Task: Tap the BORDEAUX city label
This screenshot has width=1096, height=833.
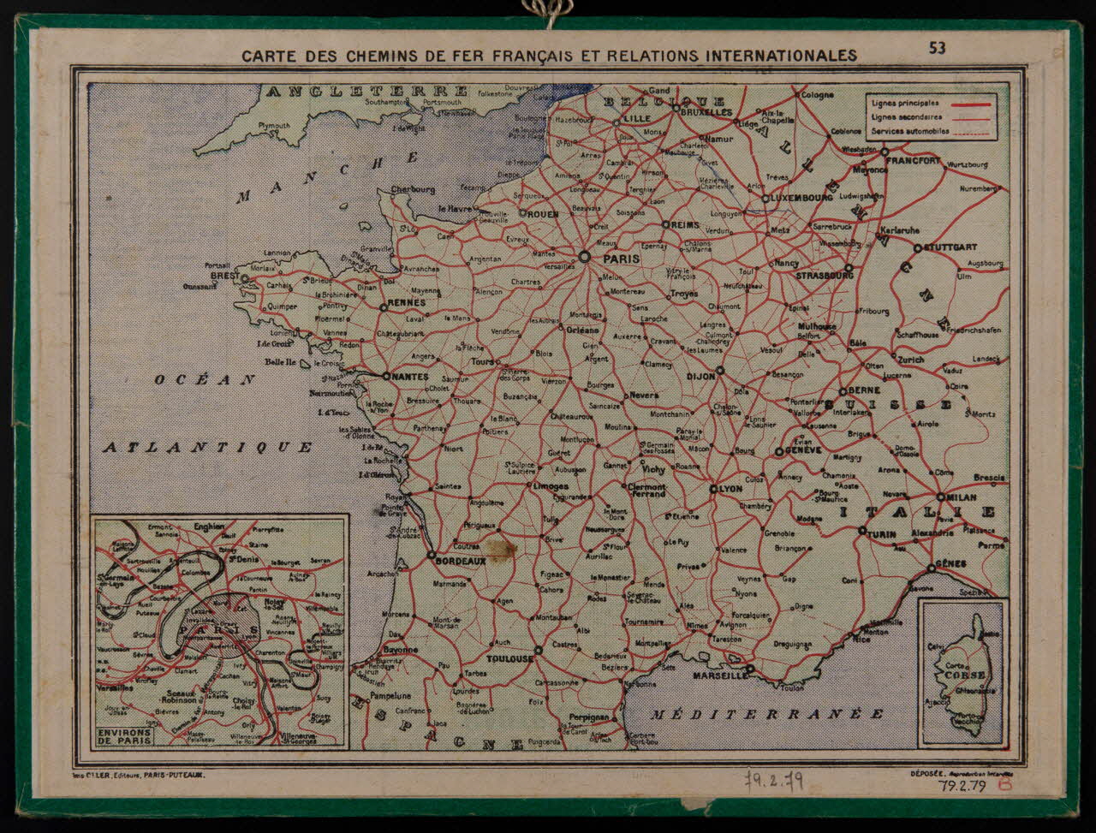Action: pos(462,562)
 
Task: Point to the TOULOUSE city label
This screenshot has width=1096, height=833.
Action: pos(509,659)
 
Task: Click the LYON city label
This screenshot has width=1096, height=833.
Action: pos(730,489)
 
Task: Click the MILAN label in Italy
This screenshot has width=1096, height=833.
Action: pos(963,497)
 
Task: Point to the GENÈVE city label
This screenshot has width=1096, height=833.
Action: pos(803,450)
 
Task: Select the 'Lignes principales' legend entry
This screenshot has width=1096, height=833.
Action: pos(905,104)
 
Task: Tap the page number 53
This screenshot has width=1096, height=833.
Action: pos(938,48)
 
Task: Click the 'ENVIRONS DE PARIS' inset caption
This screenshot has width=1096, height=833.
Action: pos(125,736)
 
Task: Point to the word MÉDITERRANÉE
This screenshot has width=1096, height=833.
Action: pos(766,714)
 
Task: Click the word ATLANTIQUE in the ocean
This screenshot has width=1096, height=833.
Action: pos(208,447)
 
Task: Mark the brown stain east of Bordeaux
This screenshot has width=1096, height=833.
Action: pos(499,548)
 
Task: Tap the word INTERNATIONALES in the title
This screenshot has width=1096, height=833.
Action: pos(780,56)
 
